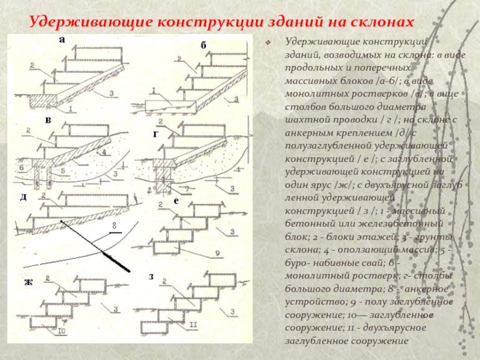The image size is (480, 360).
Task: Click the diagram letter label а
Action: pyautogui.click(x=61, y=40)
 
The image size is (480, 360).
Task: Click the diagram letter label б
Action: pyautogui.click(x=203, y=46)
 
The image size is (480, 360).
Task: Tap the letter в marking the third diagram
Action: pyautogui.click(x=48, y=121)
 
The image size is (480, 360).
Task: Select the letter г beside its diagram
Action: pyautogui.click(x=155, y=134)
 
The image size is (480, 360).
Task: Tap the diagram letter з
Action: pyautogui.click(x=151, y=277)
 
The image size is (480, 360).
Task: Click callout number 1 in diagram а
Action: pyautogui.click(x=71, y=109)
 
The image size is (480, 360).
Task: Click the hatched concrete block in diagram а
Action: pyautogui.click(x=42, y=98)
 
